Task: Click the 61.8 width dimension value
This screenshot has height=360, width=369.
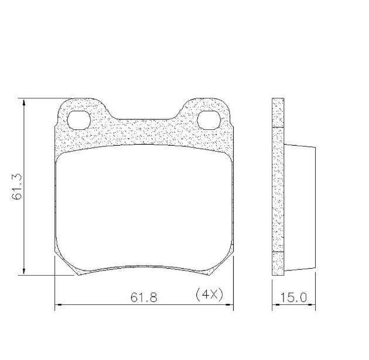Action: pyautogui.click(x=143, y=298)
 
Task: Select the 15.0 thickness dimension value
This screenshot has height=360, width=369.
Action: pyautogui.click(x=293, y=298)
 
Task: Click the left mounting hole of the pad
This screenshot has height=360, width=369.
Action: pyautogui.click(x=79, y=120)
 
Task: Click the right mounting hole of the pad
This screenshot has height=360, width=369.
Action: pyautogui.click(x=209, y=120)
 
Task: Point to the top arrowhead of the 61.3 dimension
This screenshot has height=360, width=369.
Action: pyautogui.click(x=24, y=102)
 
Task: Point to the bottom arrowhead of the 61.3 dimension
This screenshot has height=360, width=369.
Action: pyautogui.click(x=24, y=272)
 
